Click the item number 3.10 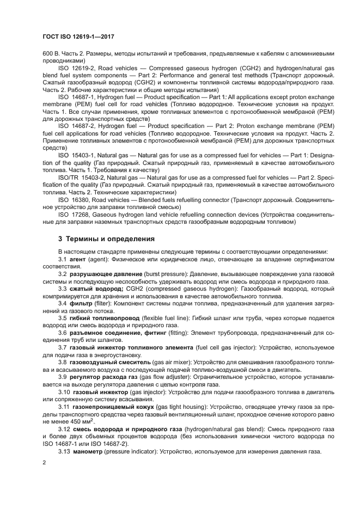pos(64,391)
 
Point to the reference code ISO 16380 pos(74,199)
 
